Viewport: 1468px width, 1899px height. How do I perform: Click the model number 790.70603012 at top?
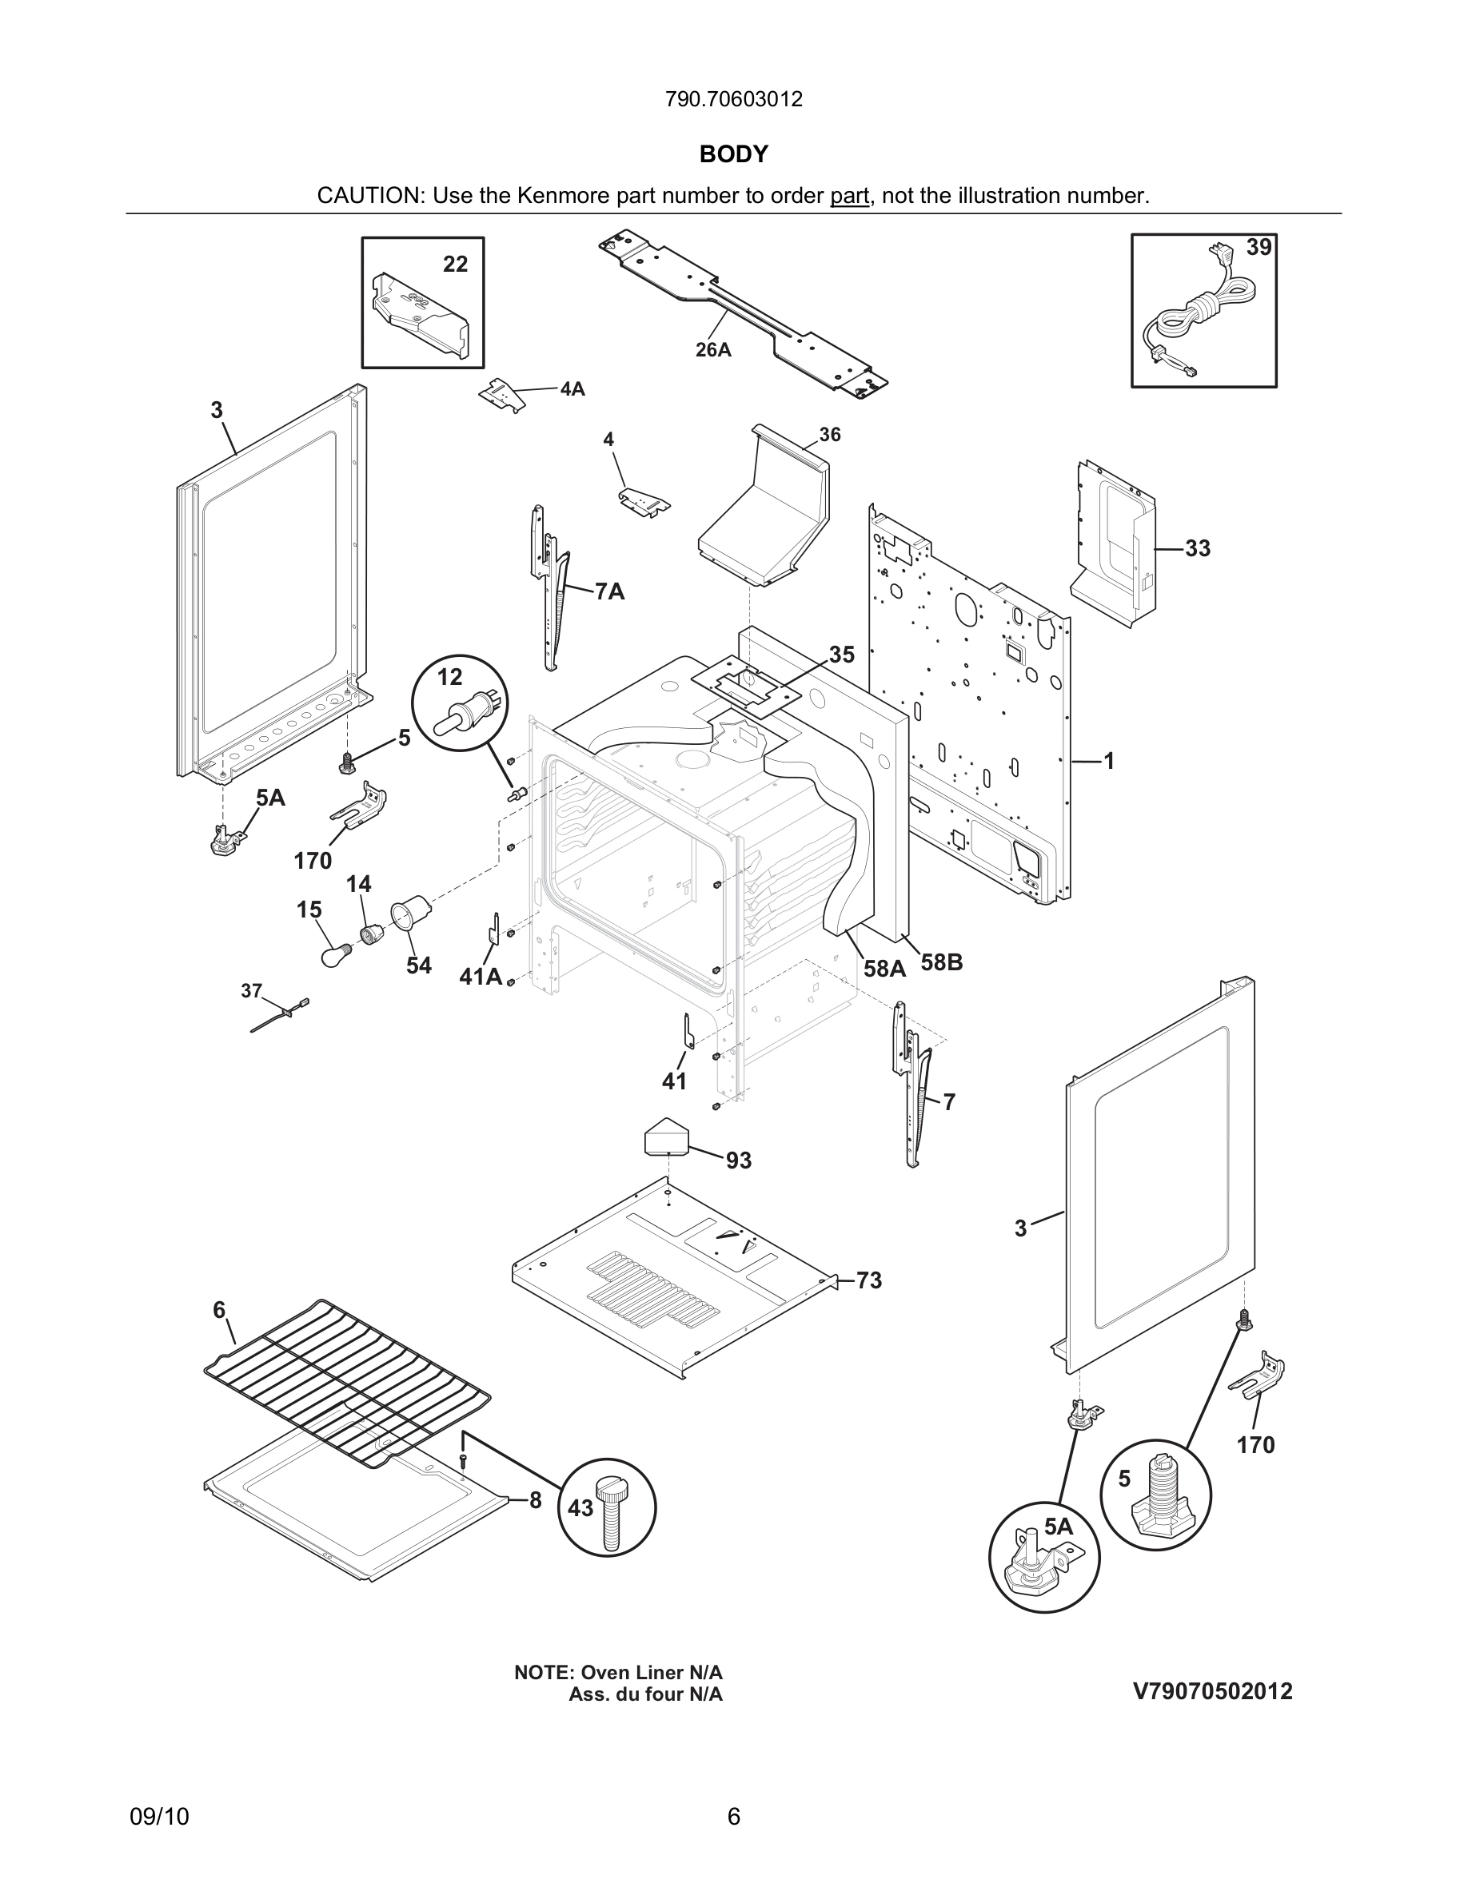click(733, 99)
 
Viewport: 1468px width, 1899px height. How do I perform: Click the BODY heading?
click(733, 154)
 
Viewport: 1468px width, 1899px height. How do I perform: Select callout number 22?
click(455, 264)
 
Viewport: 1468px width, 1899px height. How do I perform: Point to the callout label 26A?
click(712, 349)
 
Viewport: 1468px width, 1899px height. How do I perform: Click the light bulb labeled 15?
click(336, 957)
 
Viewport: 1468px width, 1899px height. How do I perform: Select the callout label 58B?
click(942, 962)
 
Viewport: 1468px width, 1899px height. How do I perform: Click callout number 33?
click(1198, 548)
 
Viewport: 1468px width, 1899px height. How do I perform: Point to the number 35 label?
click(841, 655)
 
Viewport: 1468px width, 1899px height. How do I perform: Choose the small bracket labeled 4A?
click(504, 394)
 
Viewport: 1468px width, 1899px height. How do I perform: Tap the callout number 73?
click(869, 1280)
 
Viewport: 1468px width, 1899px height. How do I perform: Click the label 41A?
click(480, 977)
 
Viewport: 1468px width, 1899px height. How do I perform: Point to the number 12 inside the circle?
click(449, 676)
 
